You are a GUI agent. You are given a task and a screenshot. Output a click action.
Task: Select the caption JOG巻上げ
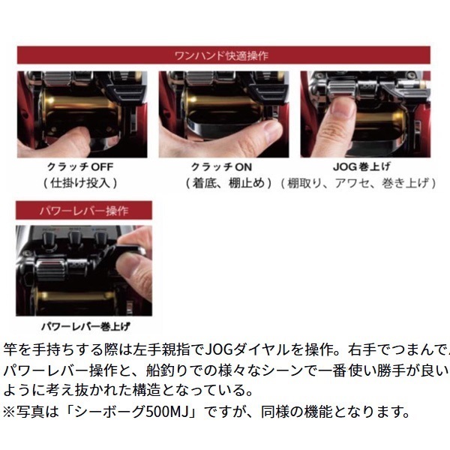tap(364, 166)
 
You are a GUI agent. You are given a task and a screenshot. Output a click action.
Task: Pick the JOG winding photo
tap(364, 114)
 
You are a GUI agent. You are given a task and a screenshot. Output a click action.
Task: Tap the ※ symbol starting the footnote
tap(11, 411)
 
